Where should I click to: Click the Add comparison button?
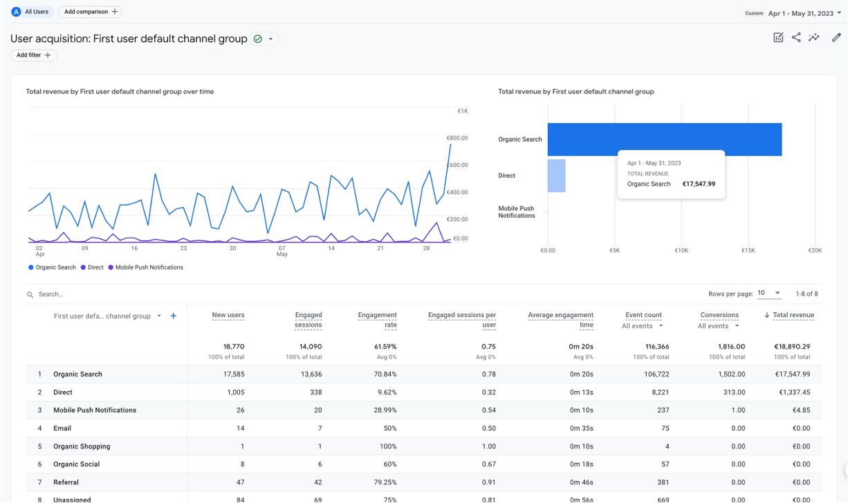90,12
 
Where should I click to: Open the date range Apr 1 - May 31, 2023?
801,13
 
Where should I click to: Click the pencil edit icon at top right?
836,38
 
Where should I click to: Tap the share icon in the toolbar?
796,38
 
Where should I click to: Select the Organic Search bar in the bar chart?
664,140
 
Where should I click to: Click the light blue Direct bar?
556,175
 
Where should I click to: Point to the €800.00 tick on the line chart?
457,138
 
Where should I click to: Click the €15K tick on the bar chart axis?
748,251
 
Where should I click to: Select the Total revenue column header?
793,315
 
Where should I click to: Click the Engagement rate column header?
377,319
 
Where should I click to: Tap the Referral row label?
66,482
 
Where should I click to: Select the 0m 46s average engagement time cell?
581,482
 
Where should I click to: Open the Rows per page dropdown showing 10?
768,294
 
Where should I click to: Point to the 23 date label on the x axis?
183,248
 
